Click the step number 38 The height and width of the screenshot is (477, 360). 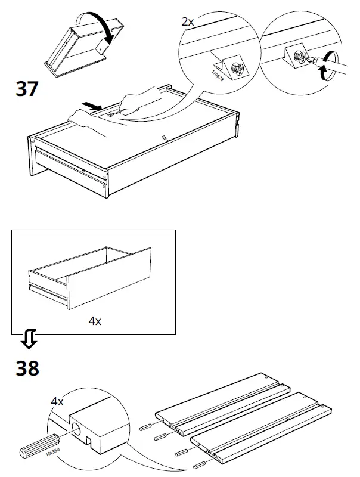click(27, 368)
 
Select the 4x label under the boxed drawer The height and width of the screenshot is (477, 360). click(95, 321)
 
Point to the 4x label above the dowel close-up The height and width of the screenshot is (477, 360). click(57, 402)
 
